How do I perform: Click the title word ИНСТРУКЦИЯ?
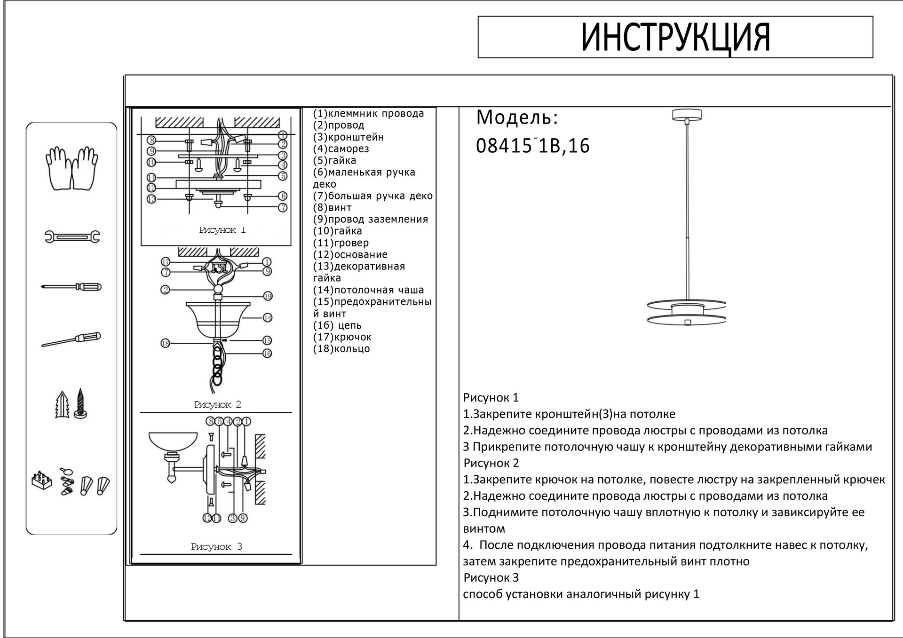(x=675, y=38)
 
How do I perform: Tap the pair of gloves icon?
(x=71, y=168)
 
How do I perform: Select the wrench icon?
(x=72, y=236)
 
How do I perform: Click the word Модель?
(x=517, y=118)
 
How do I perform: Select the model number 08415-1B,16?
(x=532, y=146)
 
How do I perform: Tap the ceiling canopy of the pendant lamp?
(x=687, y=114)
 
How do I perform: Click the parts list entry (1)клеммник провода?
(x=368, y=114)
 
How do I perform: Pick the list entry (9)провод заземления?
(x=371, y=220)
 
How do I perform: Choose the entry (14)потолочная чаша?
(x=368, y=290)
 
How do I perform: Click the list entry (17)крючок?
(x=342, y=337)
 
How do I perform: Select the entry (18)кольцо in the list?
(x=341, y=349)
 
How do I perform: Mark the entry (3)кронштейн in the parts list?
(x=349, y=137)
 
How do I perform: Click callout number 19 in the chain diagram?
(x=268, y=296)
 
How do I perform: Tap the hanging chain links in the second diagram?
(x=217, y=364)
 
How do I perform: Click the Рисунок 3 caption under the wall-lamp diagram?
(x=216, y=547)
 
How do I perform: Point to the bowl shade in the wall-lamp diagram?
(x=173, y=441)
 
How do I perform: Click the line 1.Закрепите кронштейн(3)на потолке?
(x=569, y=414)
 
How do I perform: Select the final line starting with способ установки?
(x=581, y=594)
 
